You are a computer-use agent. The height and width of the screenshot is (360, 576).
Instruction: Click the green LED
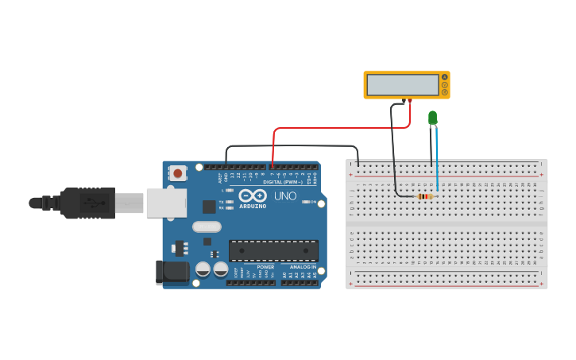[x=432, y=118]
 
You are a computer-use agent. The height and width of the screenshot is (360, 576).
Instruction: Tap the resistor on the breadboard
[x=424, y=196]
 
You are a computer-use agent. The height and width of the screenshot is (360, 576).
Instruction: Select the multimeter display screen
[x=404, y=84]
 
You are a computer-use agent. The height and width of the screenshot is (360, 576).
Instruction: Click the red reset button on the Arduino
[x=178, y=172]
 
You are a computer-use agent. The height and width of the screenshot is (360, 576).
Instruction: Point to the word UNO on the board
[x=285, y=195]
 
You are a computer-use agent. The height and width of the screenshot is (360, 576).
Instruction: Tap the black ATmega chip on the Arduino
[x=273, y=250]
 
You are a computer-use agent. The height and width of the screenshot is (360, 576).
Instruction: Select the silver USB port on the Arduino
[x=166, y=203]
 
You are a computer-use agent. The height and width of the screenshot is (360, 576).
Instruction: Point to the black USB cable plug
[x=87, y=203]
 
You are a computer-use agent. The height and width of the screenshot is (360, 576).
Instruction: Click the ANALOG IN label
[x=302, y=267]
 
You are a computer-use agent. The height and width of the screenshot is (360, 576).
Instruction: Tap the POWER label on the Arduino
[x=265, y=267]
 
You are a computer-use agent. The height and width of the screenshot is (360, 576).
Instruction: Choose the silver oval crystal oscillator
[x=207, y=226]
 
